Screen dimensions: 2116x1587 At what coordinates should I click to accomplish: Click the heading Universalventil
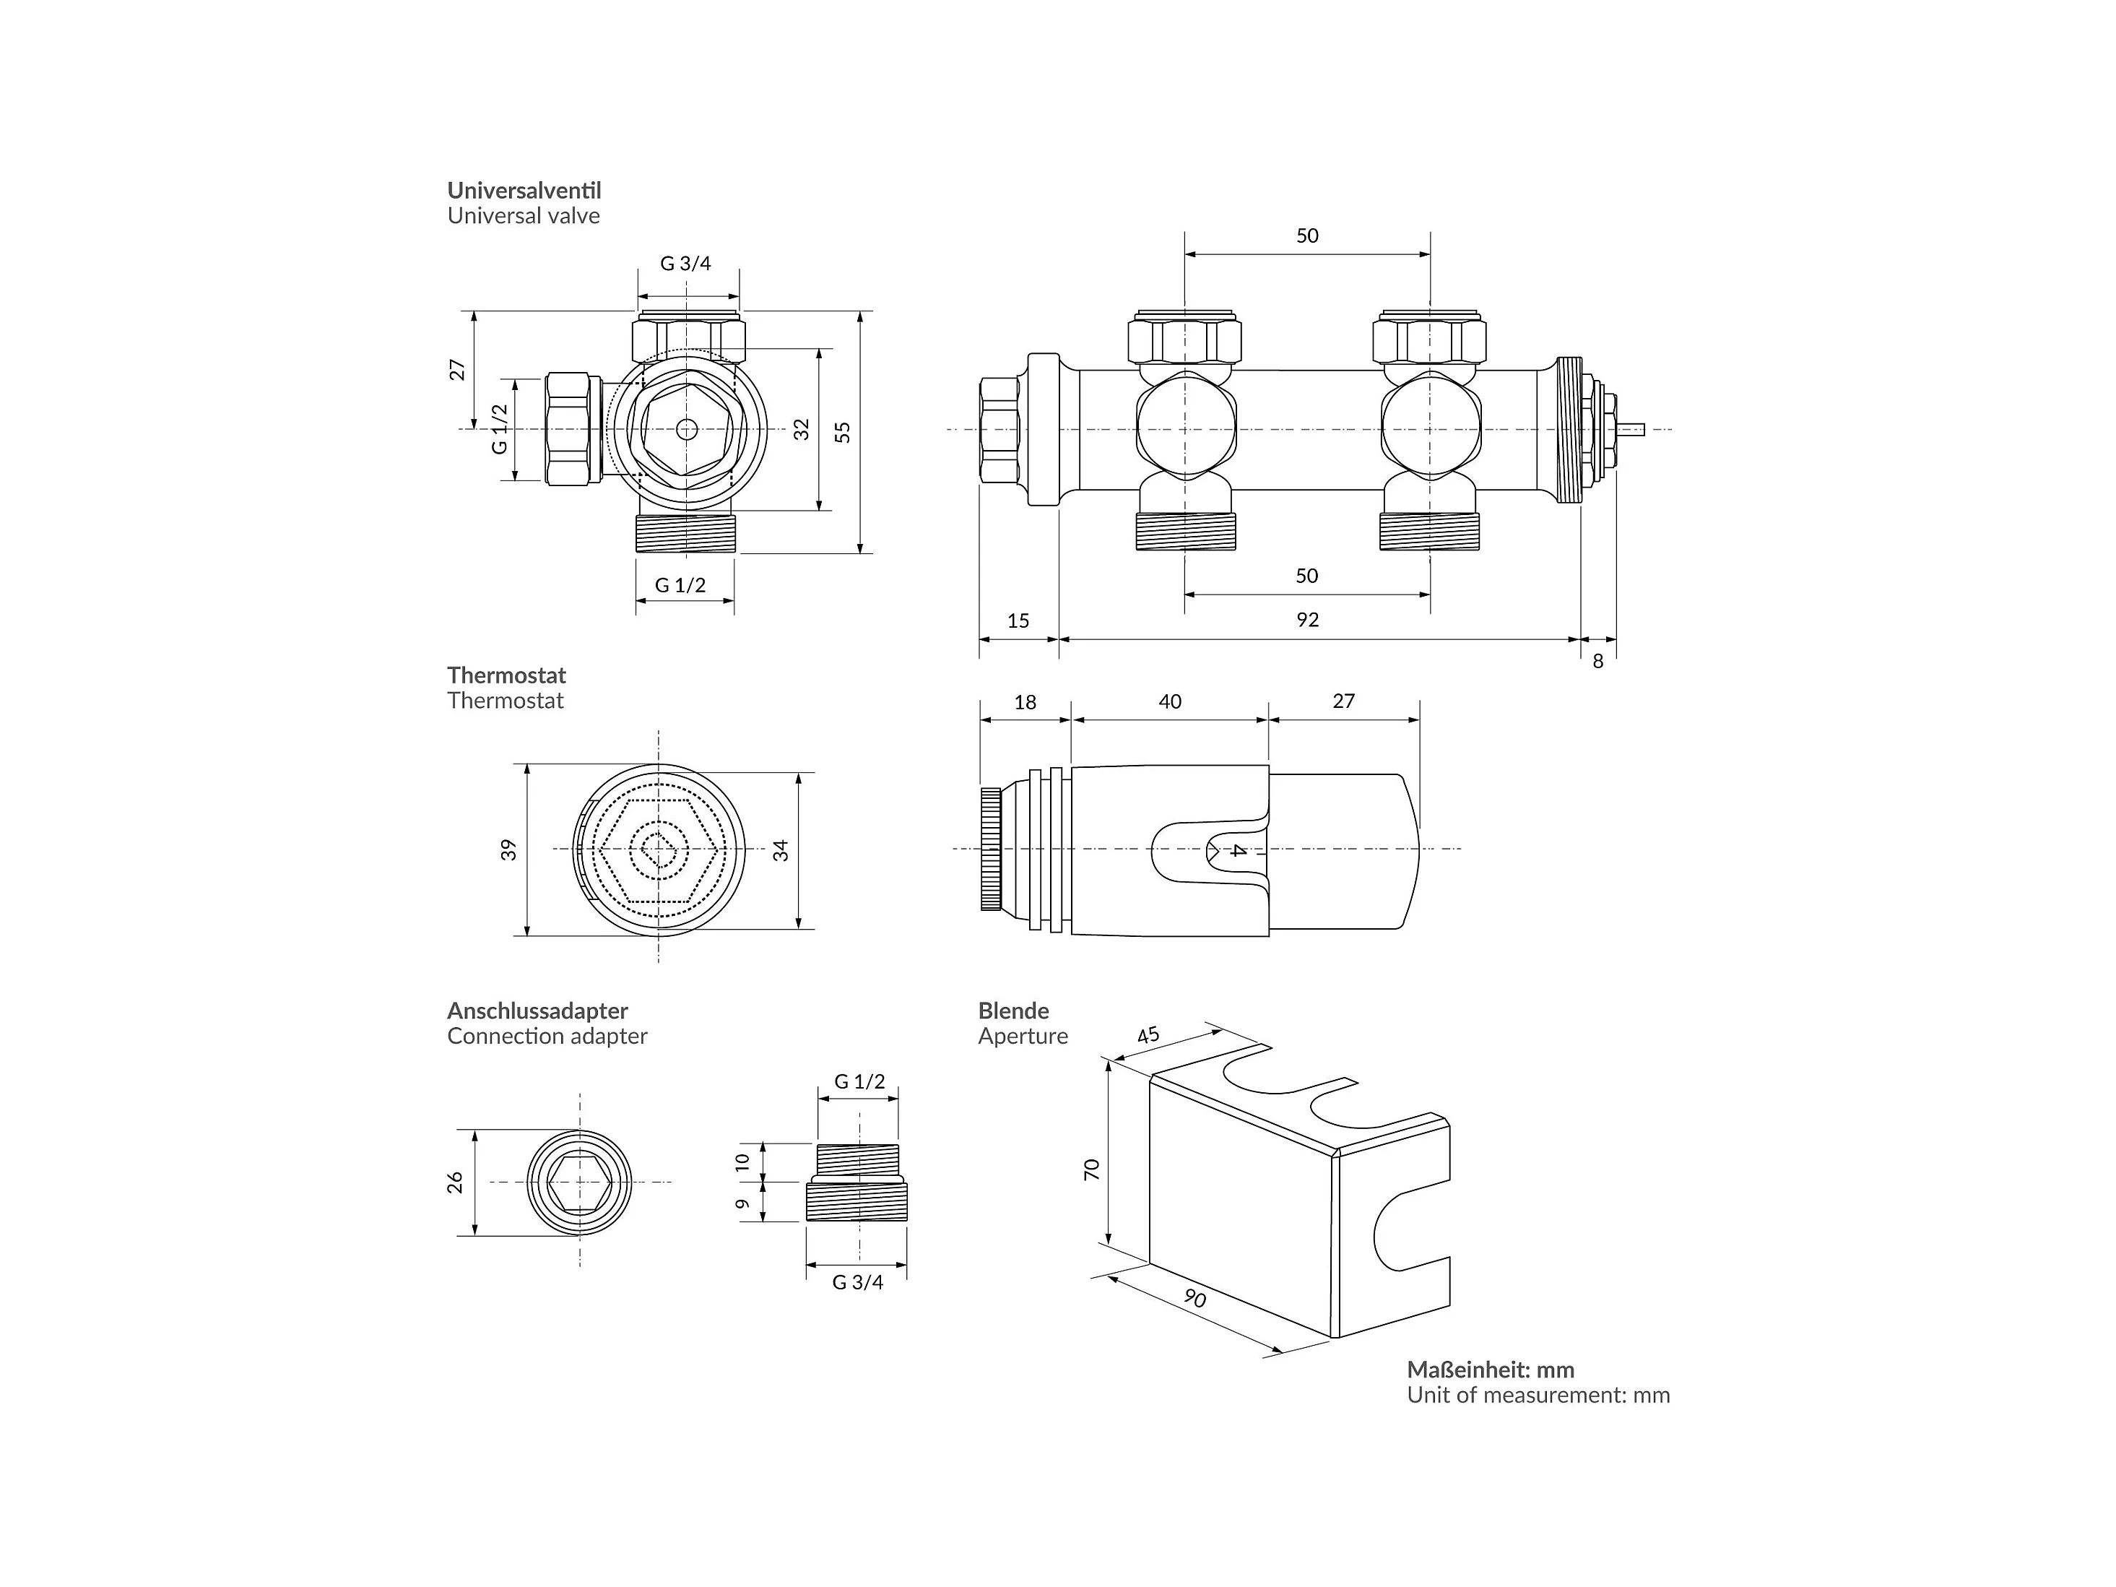pos(524,191)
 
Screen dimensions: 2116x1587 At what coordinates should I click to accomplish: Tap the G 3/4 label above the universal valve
pos(686,263)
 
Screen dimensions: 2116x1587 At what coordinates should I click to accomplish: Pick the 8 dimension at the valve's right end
pos(1597,661)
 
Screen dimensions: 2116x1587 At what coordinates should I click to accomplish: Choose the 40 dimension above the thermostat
pos(1170,701)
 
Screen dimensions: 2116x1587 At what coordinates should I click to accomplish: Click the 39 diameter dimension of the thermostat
pos(509,849)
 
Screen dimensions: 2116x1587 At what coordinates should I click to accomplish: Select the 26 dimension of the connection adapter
pos(456,1182)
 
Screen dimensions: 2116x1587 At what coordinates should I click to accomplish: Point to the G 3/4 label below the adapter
pos(857,1283)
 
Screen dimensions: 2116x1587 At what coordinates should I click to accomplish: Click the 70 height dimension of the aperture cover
pos(1091,1169)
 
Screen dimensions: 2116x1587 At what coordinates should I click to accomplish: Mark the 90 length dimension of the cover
pos(1194,1298)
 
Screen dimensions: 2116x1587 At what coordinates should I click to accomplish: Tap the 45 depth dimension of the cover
pos(1148,1035)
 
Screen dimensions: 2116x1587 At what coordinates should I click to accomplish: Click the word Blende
pos(1013,1011)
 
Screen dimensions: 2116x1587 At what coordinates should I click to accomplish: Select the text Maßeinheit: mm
pos(1491,1370)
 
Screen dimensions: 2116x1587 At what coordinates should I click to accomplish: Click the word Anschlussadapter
pos(537,1011)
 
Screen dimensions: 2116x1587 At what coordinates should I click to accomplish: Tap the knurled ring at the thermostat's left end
pos(991,849)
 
